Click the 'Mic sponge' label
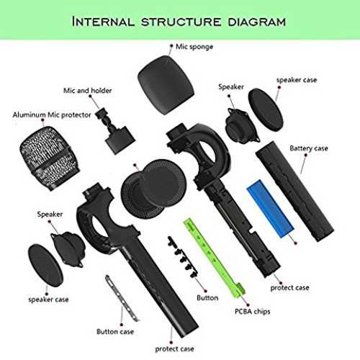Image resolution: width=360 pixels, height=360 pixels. tap(194, 47)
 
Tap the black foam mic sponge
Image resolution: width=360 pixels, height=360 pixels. tap(166, 85)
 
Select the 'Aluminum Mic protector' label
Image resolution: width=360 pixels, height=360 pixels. tap(52, 115)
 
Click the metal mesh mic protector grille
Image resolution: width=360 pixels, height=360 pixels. tap(50, 158)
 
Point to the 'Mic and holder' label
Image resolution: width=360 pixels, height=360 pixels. tap(88, 91)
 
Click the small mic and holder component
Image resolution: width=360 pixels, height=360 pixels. tap(115, 131)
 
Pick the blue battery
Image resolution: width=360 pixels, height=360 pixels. tap(271, 208)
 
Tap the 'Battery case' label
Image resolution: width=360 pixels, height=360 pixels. tap(309, 148)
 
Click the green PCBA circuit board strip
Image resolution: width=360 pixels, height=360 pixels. tap(215, 258)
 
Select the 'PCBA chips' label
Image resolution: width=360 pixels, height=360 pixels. tap(252, 312)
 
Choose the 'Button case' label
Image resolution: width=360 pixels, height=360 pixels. tap(115, 332)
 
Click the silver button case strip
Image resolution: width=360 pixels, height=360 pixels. tap(122, 298)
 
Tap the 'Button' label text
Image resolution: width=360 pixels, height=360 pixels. tap(207, 298)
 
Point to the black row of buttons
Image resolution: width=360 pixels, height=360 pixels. tap(183, 257)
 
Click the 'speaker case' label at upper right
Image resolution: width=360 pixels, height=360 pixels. tap(297, 80)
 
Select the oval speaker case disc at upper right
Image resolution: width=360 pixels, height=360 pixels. tap(266, 109)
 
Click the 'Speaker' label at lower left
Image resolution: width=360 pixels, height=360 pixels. tap(50, 214)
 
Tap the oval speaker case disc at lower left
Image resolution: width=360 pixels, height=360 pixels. tap(45, 265)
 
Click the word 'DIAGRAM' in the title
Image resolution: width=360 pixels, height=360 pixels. tap(257, 22)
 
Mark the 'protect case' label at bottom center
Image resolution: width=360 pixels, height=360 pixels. tap(174, 348)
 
